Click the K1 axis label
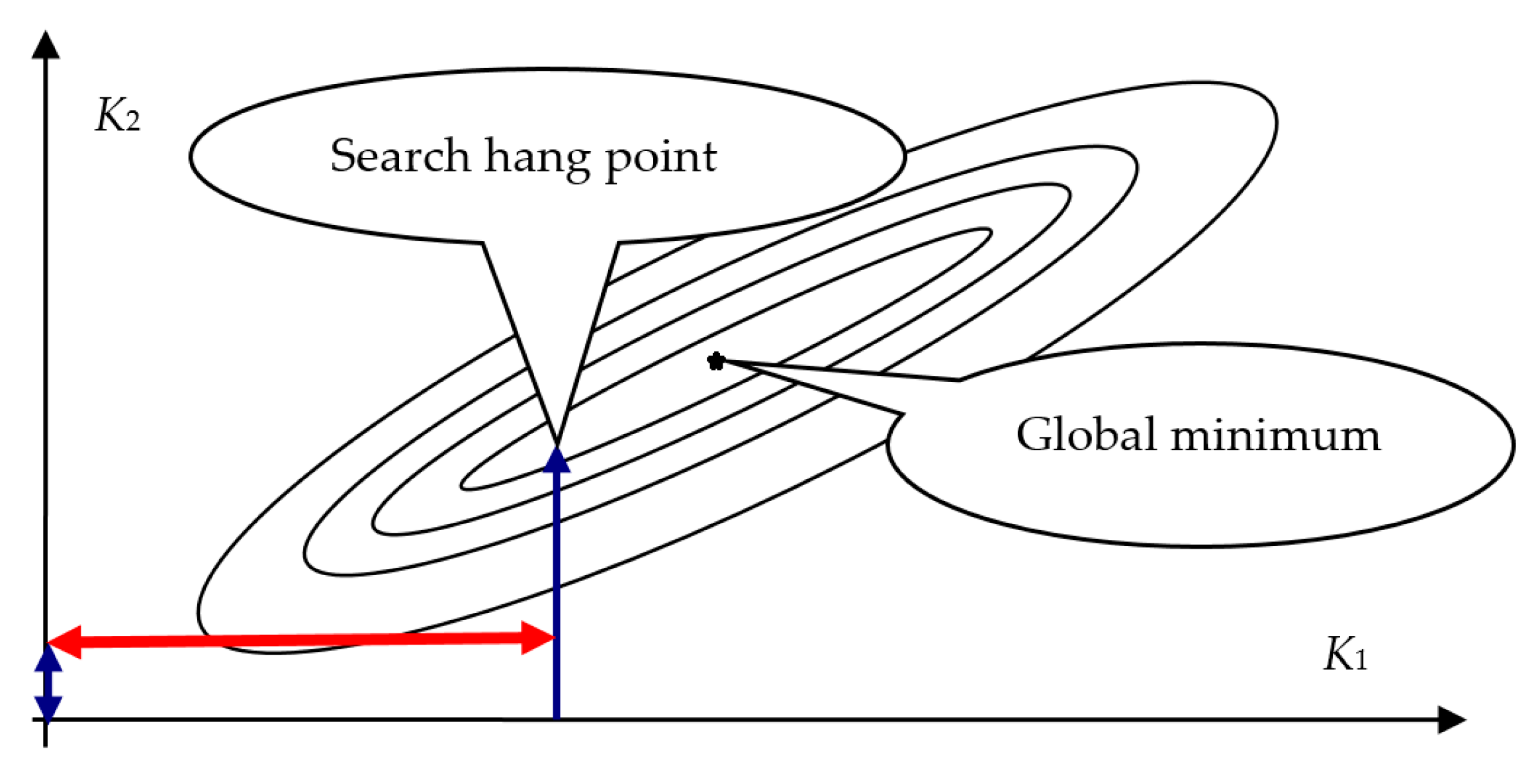1345,655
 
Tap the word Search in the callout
400,156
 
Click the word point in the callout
660,159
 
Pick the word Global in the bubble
1086,435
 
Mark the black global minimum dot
716,361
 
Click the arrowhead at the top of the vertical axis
46,45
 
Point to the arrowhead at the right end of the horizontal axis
1452,720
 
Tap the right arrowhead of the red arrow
537,638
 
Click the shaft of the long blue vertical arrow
557,596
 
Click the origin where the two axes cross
46,719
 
